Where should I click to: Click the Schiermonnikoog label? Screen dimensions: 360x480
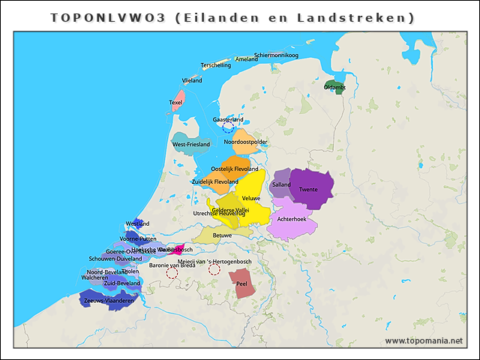pos(276,55)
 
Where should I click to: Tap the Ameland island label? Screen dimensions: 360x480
pos(246,58)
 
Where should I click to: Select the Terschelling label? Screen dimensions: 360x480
pos(216,65)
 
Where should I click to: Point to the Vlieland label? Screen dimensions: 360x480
pos(192,79)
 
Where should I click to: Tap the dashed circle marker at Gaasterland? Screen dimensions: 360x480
pos(228,127)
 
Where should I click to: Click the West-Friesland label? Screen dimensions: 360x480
pos(191,144)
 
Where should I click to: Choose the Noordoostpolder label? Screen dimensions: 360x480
pos(245,141)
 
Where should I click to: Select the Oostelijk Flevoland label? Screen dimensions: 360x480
pos(235,169)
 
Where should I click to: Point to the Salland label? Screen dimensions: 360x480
pos(281,184)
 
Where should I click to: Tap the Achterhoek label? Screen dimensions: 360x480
pos(292,219)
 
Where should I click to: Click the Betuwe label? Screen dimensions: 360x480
pos(222,235)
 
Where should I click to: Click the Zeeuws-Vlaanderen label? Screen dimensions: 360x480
pos(109,301)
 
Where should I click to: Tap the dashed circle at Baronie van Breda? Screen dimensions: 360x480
pos(172,273)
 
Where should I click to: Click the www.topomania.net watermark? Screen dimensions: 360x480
pos(424,341)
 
